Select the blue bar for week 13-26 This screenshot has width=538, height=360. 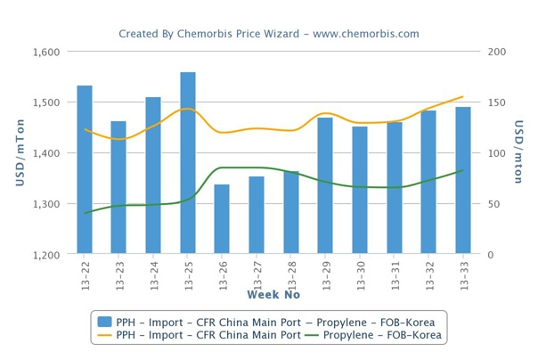(x=222, y=219)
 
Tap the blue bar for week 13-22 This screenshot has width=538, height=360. (x=85, y=169)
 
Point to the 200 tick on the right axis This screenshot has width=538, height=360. (x=497, y=52)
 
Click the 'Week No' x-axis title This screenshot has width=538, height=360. (x=273, y=295)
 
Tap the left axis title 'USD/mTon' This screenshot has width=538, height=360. (x=20, y=153)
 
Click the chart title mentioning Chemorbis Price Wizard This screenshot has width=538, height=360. (x=269, y=34)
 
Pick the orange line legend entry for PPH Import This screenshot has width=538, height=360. (x=196, y=335)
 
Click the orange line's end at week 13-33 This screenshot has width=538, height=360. (x=463, y=96)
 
